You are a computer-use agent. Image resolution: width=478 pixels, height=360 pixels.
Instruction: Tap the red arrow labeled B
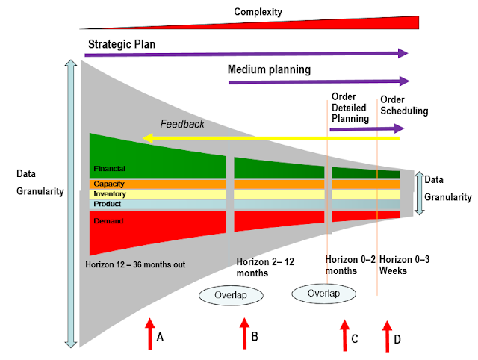[x=244, y=333]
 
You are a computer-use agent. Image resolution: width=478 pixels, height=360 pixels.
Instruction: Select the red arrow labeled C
[x=344, y=335]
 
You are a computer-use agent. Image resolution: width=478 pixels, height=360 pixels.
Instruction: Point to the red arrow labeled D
[x=387, y=335]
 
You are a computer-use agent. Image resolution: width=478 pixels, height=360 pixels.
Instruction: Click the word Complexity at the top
[x=257, y=11]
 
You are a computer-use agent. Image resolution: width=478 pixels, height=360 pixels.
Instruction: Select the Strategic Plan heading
[x=122, y=44]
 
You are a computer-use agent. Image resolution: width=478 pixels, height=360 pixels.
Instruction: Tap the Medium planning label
[x=269, y=70]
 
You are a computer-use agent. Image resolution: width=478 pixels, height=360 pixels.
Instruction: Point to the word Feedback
[x=182, y=124]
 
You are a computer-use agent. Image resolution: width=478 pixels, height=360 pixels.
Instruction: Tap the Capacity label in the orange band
[x=108, y=184]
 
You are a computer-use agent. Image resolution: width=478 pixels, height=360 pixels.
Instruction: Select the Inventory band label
[x=109, y=193]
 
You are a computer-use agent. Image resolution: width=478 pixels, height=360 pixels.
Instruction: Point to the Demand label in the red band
[x=108, y=221]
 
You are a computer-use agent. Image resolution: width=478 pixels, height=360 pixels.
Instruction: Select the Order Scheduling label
[x=404, y=105]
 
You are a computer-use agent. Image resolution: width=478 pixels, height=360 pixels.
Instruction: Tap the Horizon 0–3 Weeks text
[x=403, y=265]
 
